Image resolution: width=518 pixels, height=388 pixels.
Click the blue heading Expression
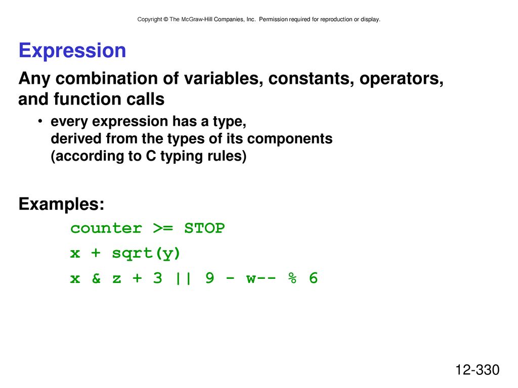[72, 51]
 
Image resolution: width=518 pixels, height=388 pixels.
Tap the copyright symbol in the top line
[166, 20]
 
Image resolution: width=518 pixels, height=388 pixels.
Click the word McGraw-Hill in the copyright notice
[197, 20]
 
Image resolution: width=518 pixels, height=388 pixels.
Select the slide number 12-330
[478, 370]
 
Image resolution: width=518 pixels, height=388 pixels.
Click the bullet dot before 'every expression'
[40, 121]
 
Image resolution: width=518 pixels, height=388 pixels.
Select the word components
[290, 139]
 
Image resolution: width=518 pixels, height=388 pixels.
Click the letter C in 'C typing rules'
[151, 156]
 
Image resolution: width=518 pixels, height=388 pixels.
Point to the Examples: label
[61, 204]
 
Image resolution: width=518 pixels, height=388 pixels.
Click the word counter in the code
[106, 228]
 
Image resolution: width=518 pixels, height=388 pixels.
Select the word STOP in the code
[204, 228]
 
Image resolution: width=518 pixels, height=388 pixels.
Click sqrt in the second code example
[132, 254]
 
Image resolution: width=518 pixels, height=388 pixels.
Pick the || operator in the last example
[183, 278]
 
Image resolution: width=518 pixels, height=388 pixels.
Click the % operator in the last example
[292, 278]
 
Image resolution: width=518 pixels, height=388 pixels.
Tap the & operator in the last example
[96, 278]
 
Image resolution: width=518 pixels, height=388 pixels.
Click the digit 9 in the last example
[210, 278]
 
